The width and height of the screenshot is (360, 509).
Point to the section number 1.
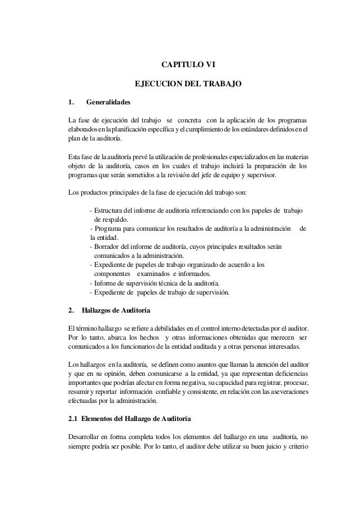pyautogui.click(x=71, y=103)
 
